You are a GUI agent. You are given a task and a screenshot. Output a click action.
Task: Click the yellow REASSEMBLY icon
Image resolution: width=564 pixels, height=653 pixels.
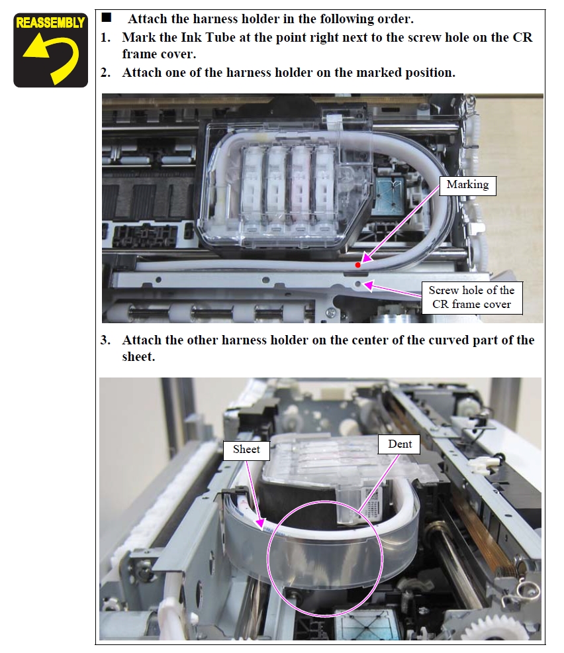(x=50, y=50)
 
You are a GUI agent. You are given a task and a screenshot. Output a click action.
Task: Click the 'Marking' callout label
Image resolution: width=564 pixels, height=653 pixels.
(x=467, y=185)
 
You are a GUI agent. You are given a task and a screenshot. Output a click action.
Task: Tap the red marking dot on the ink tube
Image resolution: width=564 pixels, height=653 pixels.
(x=358, y=265)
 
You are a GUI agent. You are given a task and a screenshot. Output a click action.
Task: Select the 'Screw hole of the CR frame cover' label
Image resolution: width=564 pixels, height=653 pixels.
(x=471, y=297)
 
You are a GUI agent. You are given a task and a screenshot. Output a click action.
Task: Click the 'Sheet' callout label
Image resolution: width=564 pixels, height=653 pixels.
(x=246, y=450)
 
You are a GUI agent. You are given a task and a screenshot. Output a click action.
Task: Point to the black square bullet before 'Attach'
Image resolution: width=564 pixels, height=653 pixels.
(x=107, y=17)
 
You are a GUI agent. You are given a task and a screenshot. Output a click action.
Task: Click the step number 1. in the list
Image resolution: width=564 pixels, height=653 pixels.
(x=106, y=38)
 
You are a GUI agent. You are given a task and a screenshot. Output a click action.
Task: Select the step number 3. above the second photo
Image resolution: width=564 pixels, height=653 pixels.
(x=106, y=340)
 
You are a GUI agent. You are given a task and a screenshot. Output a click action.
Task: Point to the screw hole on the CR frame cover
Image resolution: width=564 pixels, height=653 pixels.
(x=358, y=284)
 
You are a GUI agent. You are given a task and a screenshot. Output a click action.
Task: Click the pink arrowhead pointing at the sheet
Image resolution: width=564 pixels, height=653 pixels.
(x=261, y=523)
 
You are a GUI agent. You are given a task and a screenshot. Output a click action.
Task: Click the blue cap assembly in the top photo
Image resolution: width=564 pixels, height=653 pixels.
(x=390, y=197)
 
